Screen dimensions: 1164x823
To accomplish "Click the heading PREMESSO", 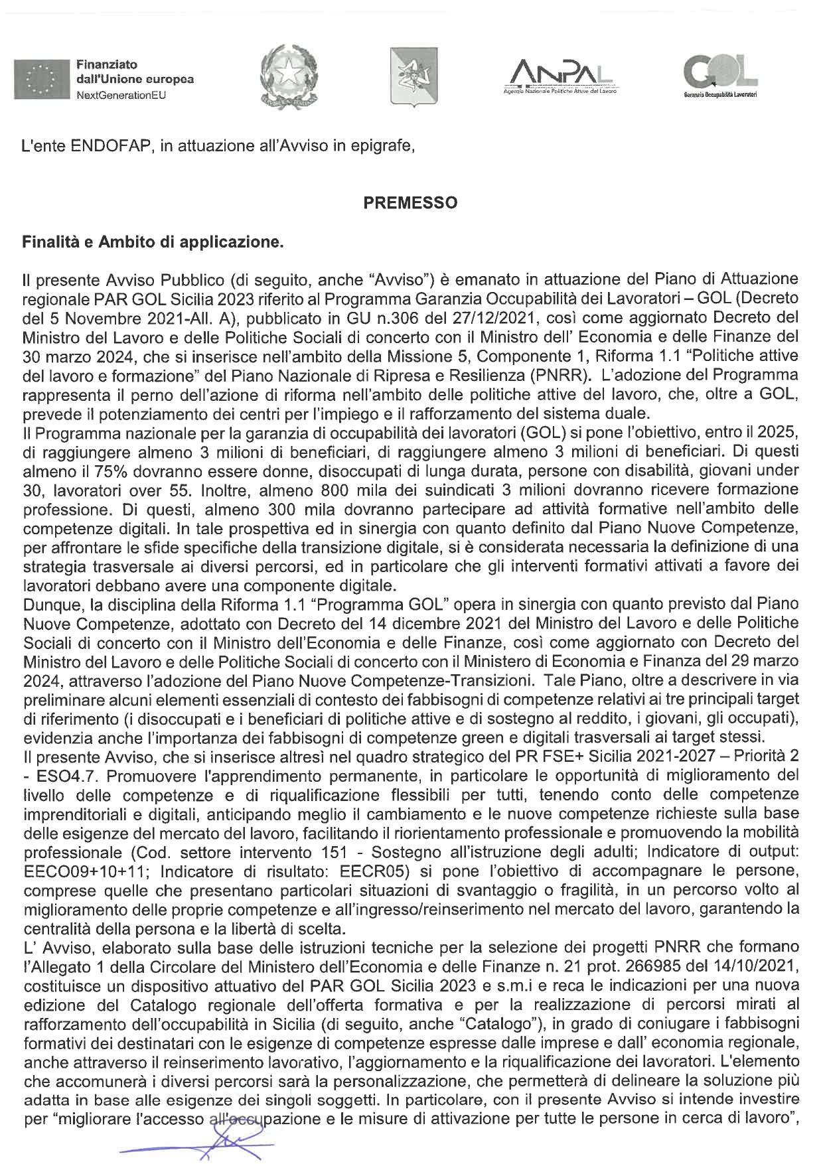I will coord(411,203).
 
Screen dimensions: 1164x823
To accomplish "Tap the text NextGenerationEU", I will coord(119,95).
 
